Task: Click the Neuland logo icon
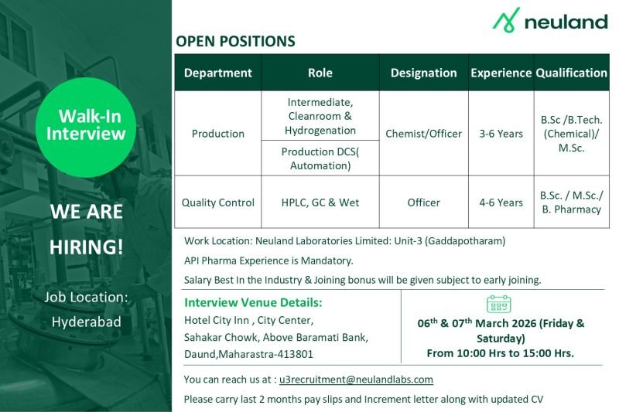pos(507,20)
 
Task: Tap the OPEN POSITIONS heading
pos(235,42)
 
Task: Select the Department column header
pos(217,73)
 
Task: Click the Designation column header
pos(423,73)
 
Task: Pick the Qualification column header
pos(571,73)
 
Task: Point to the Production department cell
pos(217,134)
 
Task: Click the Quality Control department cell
pos(217,203)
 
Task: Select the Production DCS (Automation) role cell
pos(320,158)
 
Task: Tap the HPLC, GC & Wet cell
pos(320,203)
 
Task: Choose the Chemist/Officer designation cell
pos(423,134)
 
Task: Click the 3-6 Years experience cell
pos(501,134)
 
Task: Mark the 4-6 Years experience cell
pos(501,203)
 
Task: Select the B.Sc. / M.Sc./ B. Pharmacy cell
pos(571,203)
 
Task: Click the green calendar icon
pos(499,304)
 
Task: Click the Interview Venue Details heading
pos(253,302)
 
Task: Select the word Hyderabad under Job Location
pos(86,322)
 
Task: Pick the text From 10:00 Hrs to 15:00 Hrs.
pos(500,353)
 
